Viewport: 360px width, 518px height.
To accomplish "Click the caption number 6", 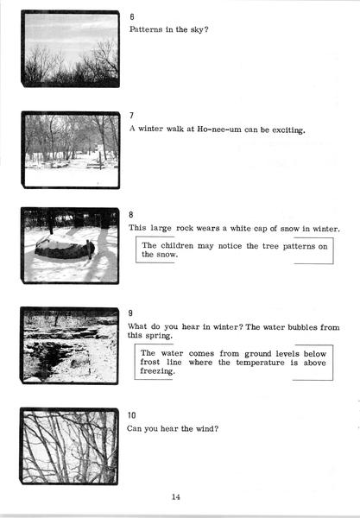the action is [132, 17].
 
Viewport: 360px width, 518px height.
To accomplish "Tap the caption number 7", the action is [131, 116].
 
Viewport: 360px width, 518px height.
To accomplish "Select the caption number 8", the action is [131, 215].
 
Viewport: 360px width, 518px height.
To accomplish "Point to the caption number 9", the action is [130, 313].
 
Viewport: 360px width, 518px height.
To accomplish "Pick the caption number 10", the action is [131, 415].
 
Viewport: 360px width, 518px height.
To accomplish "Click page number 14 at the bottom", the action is [176, 497].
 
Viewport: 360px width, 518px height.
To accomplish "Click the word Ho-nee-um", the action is [219, 129].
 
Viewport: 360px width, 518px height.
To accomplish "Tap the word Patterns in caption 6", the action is [146, 29].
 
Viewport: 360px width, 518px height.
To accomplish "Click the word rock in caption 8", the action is [185, 228].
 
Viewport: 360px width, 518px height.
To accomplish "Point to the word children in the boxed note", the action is [177, 246].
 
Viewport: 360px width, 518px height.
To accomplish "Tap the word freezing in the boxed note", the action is [157, 371].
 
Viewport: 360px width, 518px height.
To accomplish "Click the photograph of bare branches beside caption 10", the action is [69, 446].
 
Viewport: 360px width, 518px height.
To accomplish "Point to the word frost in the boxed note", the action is [150, 362].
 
